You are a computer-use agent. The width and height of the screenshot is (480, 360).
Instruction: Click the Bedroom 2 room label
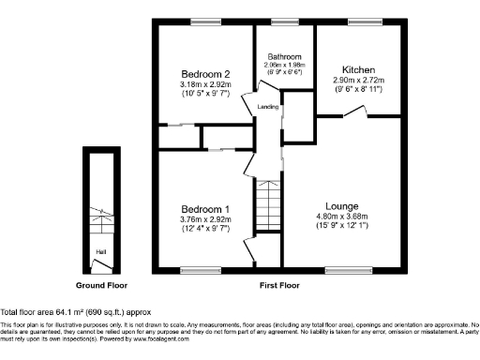[x=205, y=74]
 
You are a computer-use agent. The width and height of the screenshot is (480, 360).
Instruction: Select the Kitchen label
[x=359, y=70]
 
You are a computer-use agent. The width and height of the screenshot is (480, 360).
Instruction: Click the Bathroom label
[x=284, y=55]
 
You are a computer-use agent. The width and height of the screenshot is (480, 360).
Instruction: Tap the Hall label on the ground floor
[x=99, y=250]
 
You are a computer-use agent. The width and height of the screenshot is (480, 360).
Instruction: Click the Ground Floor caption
[x=101, y=284]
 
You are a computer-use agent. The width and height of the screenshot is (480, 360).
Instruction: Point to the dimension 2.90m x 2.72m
[x=359, y=82]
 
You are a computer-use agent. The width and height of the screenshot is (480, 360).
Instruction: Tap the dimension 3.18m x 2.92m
[x=205, y=84]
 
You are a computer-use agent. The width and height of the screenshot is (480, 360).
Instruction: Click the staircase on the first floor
[x=269, y=201]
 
